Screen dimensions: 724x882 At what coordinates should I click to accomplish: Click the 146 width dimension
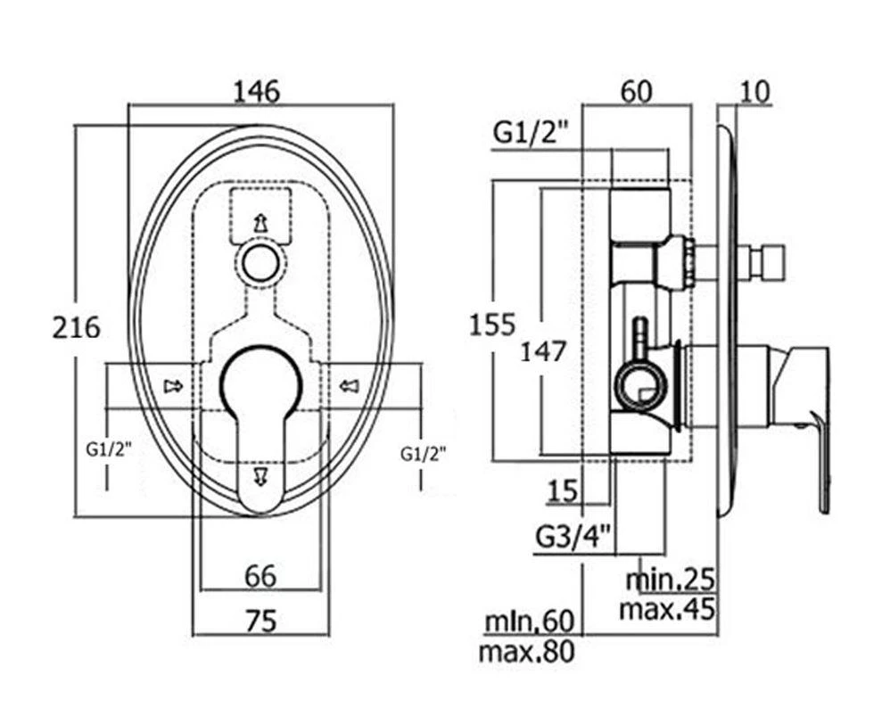pyautogui.click(x=256, y=91)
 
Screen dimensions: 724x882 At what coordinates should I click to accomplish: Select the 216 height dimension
pyautogui.click(x=76, y=327)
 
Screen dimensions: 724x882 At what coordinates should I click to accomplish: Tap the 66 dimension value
pyautogui.click(x=260, y=576)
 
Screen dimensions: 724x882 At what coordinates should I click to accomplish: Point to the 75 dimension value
pyautogui.click(x=260, y=620)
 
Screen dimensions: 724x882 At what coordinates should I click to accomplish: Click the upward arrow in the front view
pyautogui.click(x=260, y=223)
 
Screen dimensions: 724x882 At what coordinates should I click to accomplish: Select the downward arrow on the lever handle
pyautogui.click(x=260, y=474)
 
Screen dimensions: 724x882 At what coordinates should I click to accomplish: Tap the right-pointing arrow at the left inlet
pyautogui.click(x=172, y=385)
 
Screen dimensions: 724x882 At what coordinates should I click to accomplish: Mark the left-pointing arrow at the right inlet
pyautogui.click(x=348, y=385)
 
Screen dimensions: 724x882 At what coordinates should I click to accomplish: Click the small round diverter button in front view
pyautogui.click(x=260, y=264)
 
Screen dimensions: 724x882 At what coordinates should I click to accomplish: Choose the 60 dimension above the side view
pyautogui.click(x=637, y=91)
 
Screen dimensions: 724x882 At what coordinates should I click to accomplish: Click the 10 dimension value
pyautogui.click(x=754, y=91)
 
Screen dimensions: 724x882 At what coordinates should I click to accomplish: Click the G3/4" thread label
pyautogui.click(x=573, y=537)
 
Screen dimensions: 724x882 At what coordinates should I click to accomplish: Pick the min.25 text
pyautogui.click(x=670, y=580)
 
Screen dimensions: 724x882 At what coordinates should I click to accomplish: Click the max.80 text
pyautogui.click(x=525, y=652)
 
